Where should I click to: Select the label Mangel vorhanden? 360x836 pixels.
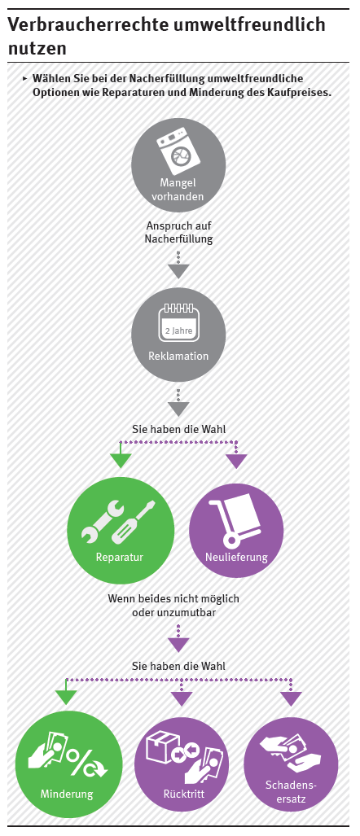point(178,190)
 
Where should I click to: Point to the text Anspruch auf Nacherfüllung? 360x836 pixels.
point(178,233)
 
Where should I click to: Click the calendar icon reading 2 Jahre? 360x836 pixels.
point(178,323)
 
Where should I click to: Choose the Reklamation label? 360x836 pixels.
point(178,356)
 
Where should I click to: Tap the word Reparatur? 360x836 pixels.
point(120,558)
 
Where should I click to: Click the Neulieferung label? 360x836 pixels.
point(236,558)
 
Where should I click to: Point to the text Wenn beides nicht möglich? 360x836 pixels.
point(173,598)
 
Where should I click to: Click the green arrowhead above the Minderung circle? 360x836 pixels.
point(66,698)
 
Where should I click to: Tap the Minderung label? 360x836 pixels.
point(67,794)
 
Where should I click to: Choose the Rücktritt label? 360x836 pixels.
point(184,794)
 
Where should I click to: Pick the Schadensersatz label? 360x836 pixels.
point(292,791)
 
